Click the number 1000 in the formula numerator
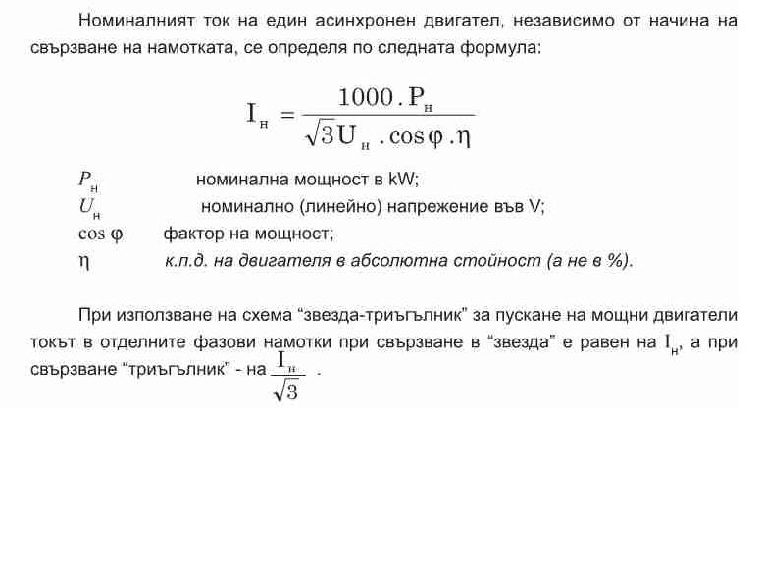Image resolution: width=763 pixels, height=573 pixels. tap(364, 98)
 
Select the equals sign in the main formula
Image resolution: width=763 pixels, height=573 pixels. tap(287, 115)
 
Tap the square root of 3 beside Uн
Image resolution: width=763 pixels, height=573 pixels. tap(321, 134)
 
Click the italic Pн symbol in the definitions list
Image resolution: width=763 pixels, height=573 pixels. tap(87, 181)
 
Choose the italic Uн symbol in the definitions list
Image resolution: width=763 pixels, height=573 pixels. tap(88, 208)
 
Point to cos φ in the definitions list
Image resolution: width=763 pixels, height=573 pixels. tap(100, 234)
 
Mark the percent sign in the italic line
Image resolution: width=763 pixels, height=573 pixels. tap(616, 261)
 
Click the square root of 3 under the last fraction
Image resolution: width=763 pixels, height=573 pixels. tap(286, 391)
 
